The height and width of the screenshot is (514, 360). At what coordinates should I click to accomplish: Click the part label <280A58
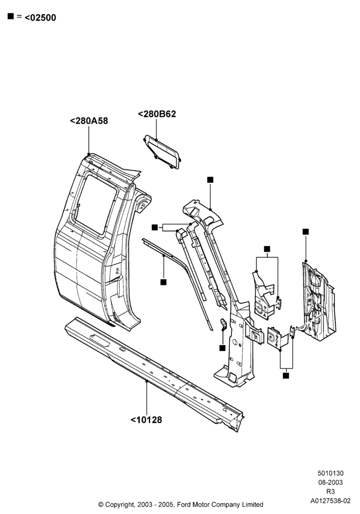pyautogui.click(x=89, y=121)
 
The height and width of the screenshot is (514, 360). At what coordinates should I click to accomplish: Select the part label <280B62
pyautogui.click(x=157, y=114)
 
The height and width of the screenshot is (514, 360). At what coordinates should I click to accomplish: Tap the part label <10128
pyautogui.click(x=146, y=419)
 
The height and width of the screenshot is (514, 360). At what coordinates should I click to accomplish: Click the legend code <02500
pyautogui.click(x=40, y=17)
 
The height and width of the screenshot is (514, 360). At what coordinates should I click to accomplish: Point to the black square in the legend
pyautogui.click(x=11, y=16)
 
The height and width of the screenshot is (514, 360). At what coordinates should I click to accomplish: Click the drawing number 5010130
pyautogui.click(x=331, y=473)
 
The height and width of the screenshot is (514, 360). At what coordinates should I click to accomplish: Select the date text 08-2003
pyautogui.click(x=331, y=482)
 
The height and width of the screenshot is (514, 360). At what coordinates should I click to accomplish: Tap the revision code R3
pyautogui.click(x=331, y=491)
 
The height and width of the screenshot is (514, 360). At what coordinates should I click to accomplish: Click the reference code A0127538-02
pyautogui.click(x=331, y=501)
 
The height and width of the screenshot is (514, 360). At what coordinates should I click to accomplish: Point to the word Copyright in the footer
pyautogui.click(x=119, y=505)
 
